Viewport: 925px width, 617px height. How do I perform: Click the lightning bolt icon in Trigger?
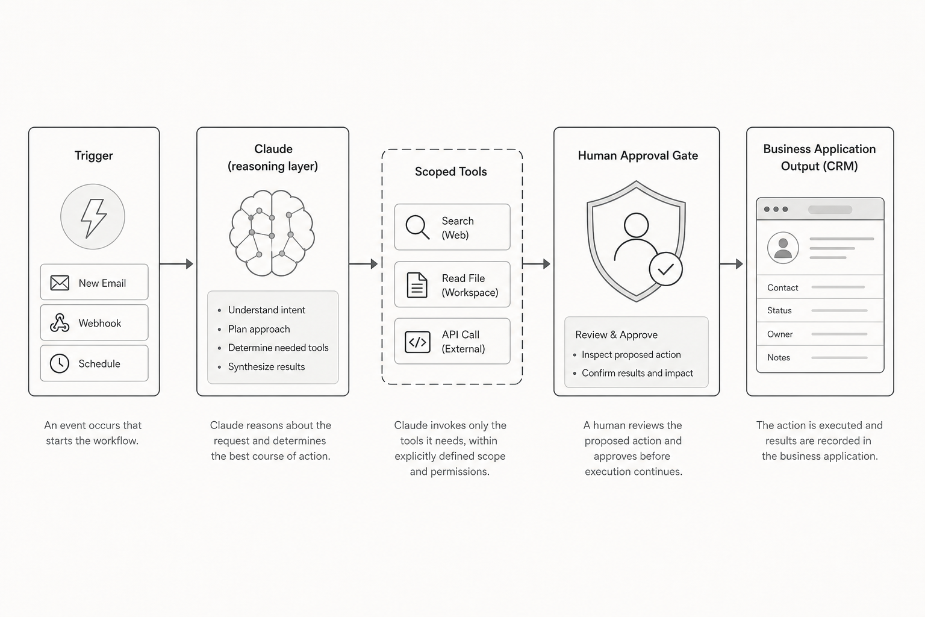(x=94, y=218)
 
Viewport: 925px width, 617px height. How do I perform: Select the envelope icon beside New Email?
(x=60, y=283)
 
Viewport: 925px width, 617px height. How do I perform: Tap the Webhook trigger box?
(x=94, y=322)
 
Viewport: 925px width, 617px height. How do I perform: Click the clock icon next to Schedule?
(x=60, y=364)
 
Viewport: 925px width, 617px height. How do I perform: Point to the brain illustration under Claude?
(x=272, y=233)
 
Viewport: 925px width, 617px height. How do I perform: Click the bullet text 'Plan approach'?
(x=259, y=329)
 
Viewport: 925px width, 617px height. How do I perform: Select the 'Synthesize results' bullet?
(x=266, y=366)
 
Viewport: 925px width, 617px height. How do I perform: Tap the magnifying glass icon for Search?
(x=417, y=227)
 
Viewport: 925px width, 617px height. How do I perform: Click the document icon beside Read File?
(x=417, y=285)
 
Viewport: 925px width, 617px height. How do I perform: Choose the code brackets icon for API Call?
(x=417, y=342)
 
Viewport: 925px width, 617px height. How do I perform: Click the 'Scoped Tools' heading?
(x=451, y=172)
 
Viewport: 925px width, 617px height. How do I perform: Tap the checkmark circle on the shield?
(x=665, y=269)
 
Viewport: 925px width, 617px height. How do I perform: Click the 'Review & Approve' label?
(x=617, y=335)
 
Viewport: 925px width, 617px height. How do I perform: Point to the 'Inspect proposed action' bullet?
(x=631, y=354)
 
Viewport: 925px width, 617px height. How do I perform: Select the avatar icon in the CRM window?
(x=783, y=248)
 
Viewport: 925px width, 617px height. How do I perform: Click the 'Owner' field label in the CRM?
(x=780, y=334)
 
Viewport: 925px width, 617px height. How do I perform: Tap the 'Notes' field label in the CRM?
(x=779, y=357)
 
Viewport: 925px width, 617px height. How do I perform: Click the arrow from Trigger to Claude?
(x=176, y=264)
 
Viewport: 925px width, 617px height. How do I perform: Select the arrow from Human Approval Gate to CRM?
(x=731, y=264)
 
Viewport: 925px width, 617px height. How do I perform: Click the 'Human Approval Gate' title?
(x=638, y=155)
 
